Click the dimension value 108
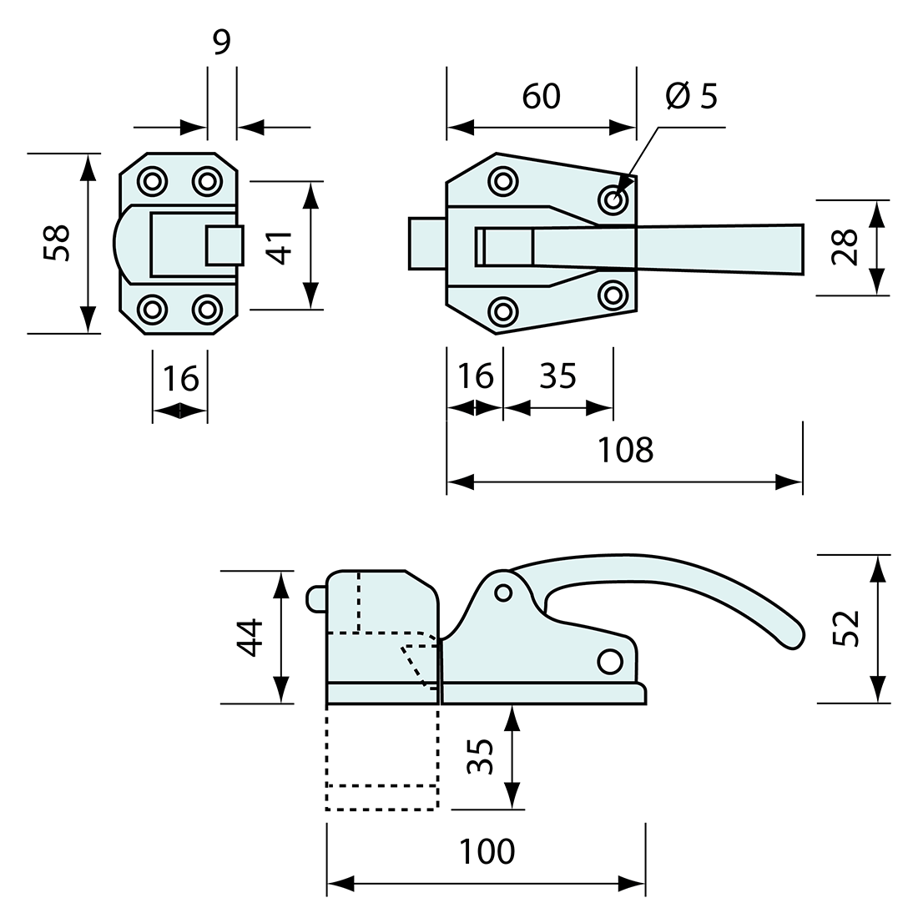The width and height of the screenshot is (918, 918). (625, 450)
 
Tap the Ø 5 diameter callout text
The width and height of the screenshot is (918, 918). (691, 97)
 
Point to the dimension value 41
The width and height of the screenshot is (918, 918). (281, 246)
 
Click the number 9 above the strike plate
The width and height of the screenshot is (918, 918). (221, 42)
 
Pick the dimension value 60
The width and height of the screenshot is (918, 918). (541, 97)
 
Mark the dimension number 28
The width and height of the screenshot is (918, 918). (845, 247)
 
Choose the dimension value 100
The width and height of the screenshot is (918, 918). (487, 852)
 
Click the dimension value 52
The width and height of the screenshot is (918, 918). (845, 628)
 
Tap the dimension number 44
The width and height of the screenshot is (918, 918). (248, 638)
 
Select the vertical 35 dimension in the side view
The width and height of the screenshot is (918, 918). (481, 757)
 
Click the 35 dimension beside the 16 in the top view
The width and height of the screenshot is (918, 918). (557, 376)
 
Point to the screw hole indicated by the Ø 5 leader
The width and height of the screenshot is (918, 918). (613, 199)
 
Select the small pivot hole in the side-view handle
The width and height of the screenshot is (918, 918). (502, 593)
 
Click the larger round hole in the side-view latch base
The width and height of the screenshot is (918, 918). (610, 661)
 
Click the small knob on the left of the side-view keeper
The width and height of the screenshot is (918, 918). (316, 598)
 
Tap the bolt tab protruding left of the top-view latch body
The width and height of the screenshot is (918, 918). (426, 244)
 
